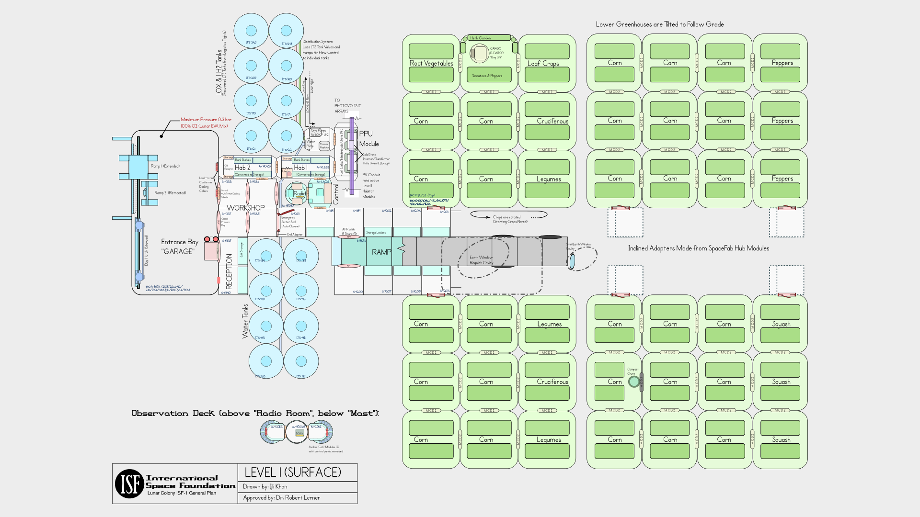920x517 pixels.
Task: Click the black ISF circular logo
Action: click(x=129, y=483)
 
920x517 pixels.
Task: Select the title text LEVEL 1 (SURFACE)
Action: click(x=293, y=472)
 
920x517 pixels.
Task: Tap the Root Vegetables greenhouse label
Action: click(x=431, y=63)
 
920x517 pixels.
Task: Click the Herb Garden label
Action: click(x=480, y=38)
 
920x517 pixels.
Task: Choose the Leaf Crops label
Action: click(x=543, y=63)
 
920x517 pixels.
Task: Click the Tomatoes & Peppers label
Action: click(x=487, y=76)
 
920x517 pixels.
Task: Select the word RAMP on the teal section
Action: click(x=381, y=252)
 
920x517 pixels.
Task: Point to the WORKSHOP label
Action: click(x=245, y=208)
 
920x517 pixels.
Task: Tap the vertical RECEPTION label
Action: click(x=229, y=271)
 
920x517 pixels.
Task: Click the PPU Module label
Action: click(x=368, y=139)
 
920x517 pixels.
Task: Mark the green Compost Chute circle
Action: click(x=634, y=382)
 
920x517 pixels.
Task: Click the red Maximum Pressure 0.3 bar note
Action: click(x=206, y=123)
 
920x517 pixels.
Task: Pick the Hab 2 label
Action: click(x=242, y=168)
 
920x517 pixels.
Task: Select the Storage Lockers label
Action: click(x=376, y=233)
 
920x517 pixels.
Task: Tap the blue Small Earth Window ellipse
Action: click(x=572, y=261)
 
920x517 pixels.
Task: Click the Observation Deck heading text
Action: click(x=255, y=413)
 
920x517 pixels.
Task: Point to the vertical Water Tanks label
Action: click(x=245, y=321)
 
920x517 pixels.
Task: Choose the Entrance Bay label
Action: click(x=179, y=247)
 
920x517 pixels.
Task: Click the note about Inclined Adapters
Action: click(x=699, y=248)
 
